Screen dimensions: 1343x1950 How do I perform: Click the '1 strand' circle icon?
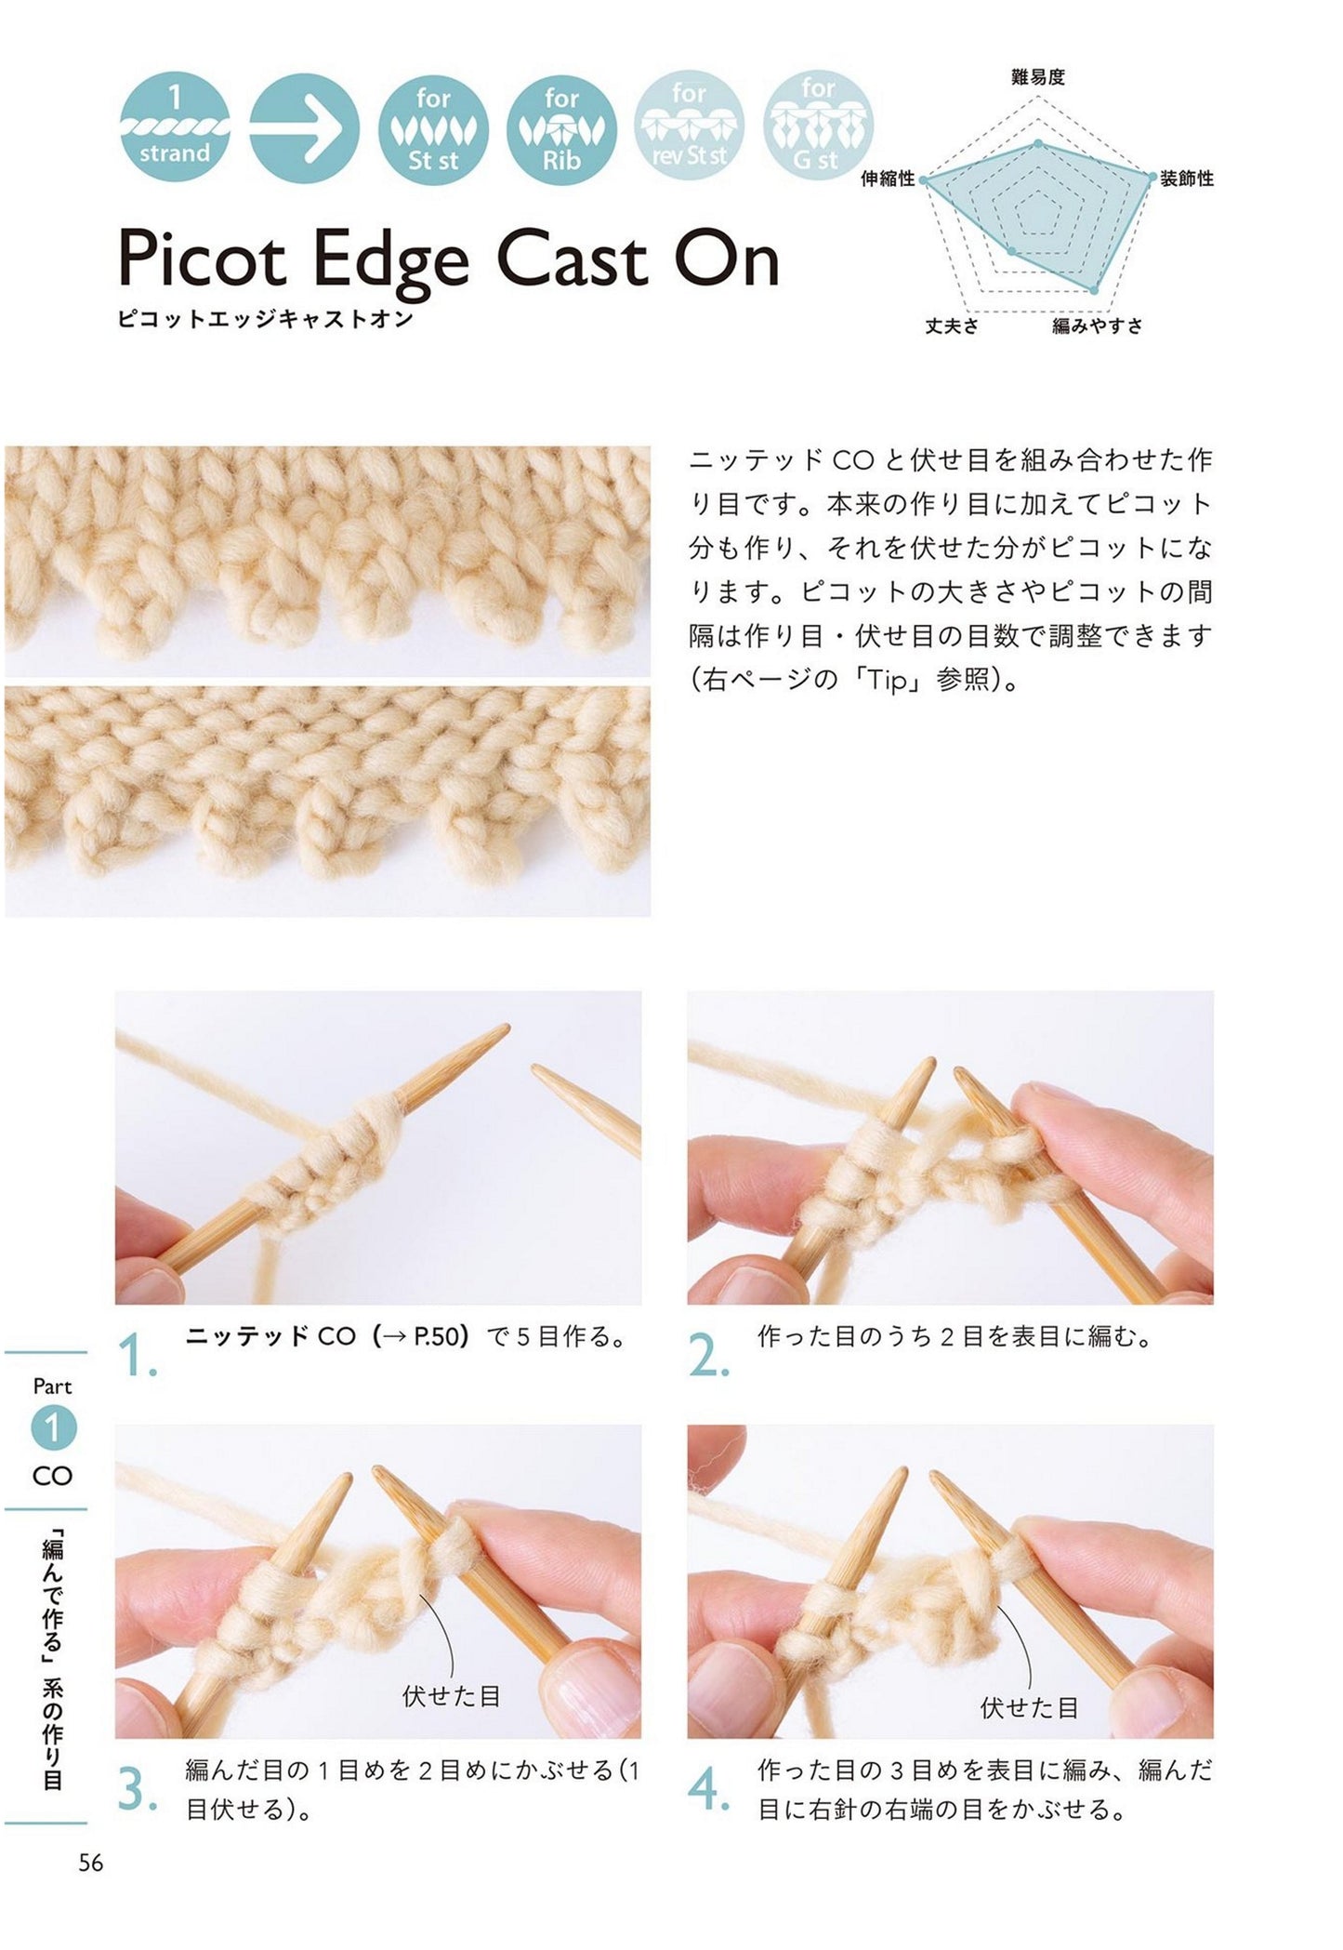tap(175, 128)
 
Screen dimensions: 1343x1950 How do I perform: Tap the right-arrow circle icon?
tap(304, 128)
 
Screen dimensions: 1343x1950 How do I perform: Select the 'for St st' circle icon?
tap(433, 128)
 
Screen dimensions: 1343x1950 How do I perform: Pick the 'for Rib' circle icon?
tap(561, 128)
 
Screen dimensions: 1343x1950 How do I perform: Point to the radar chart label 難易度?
tap(1037, 78)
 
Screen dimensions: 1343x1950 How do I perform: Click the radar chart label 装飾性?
tap(1187, 179)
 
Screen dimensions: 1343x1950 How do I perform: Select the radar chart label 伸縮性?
tap(888, 179)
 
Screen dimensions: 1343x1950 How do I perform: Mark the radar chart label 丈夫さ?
tap(951, 325)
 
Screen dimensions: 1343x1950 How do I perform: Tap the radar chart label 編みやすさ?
tap(1097, 325)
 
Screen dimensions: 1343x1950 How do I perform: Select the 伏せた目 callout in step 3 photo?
tap(451, 1695)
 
